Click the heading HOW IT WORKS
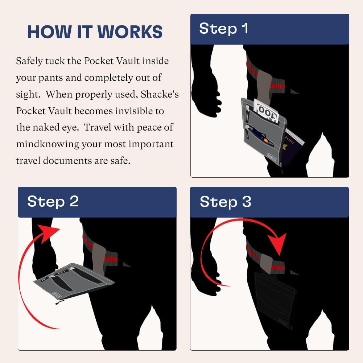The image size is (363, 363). click(95, 32)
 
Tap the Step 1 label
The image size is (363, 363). click(224, 29)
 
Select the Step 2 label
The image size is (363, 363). click(53, 201)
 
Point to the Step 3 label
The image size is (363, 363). click(225, 202)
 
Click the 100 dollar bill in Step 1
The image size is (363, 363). click(267, 111)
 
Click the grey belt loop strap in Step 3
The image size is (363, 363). click(267, 263)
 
